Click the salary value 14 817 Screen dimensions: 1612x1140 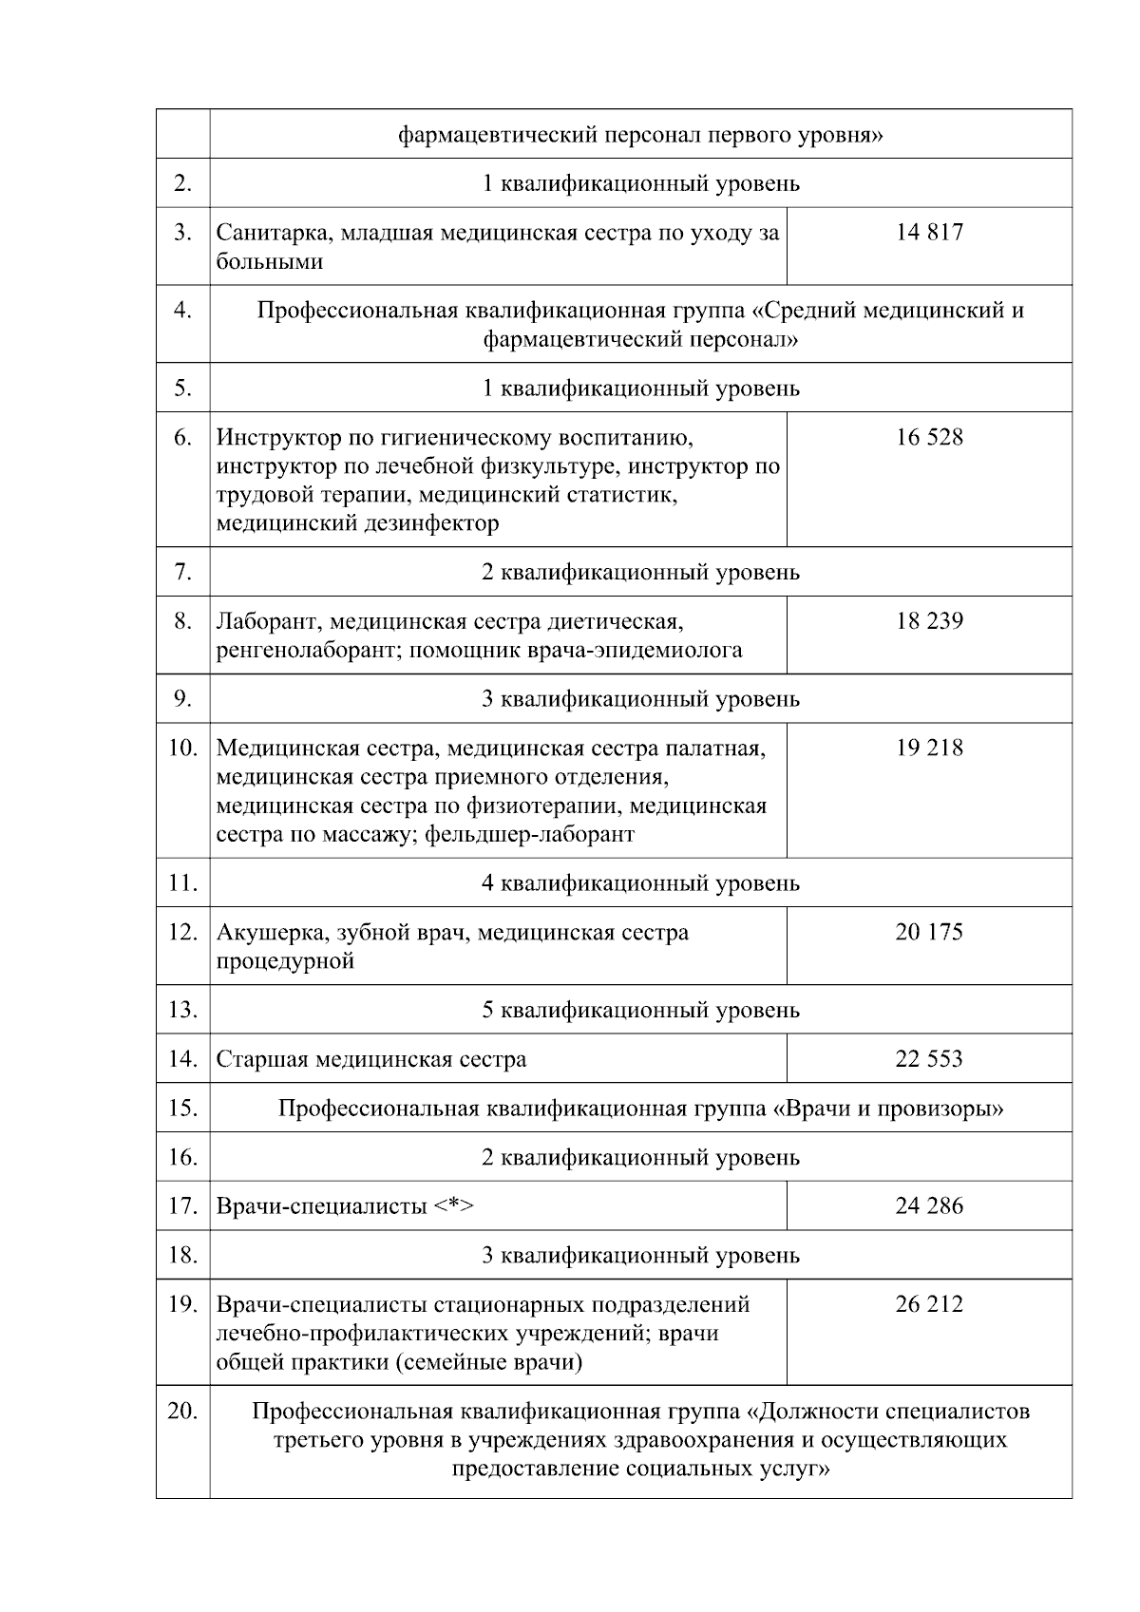point(928,233)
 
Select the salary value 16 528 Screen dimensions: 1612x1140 point(928,437)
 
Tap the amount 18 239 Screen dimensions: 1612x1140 point(928,621)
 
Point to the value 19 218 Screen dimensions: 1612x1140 point(928,748)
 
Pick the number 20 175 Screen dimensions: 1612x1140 point(928,932)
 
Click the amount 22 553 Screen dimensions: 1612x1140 point(928,1059)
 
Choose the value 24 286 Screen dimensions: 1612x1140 point(928,1206)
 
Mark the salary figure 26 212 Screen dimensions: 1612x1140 point(928,1304)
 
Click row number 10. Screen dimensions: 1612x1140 point(182,748)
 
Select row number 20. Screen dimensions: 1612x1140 point(182,1412)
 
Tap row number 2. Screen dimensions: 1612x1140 point(182,183)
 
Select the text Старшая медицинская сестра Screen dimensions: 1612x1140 point(370,1059)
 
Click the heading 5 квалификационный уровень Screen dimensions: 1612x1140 point(640,1010)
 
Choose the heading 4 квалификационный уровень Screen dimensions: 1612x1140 point(640,883)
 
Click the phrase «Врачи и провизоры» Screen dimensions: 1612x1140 point(888,1109)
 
